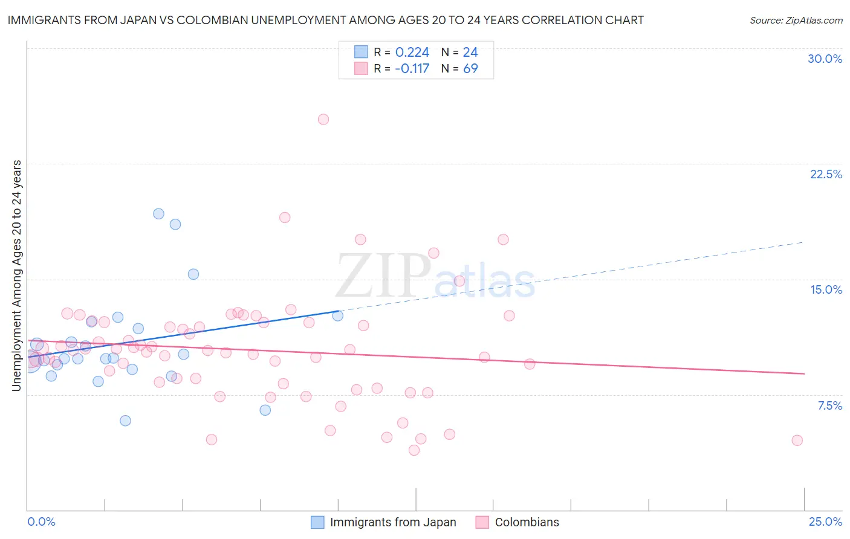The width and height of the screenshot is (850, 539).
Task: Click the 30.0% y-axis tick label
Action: point(825,59)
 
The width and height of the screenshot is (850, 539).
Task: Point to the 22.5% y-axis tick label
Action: point(826,174)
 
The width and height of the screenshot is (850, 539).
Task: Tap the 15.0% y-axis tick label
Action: point(826,289)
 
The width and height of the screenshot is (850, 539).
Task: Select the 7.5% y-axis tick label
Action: point(829,405)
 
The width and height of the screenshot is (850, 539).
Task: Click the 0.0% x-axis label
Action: point(41,521)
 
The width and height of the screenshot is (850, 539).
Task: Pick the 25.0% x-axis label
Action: point(825,521)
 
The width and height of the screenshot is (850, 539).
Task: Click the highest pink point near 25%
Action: point(323,120)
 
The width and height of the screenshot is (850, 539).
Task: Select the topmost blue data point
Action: point(158,213)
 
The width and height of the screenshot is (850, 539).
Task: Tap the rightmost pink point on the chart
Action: point(797,441)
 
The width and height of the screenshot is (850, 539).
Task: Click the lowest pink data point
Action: point(414,450)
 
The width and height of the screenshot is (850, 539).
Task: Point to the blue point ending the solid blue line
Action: point(338,315)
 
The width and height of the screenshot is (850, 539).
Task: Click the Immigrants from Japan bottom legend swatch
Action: point(317,522)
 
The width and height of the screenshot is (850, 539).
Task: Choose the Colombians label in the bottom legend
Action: point(527,522)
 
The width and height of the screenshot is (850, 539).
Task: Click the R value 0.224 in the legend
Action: point(412,53)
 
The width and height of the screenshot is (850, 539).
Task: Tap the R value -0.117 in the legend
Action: point(412,69)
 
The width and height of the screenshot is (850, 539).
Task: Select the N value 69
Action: point(470,69)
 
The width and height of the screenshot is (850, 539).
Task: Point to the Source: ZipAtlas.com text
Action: point(796,20)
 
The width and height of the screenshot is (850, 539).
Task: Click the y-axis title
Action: point(16,275)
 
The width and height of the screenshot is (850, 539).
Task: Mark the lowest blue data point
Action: point(125,421)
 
